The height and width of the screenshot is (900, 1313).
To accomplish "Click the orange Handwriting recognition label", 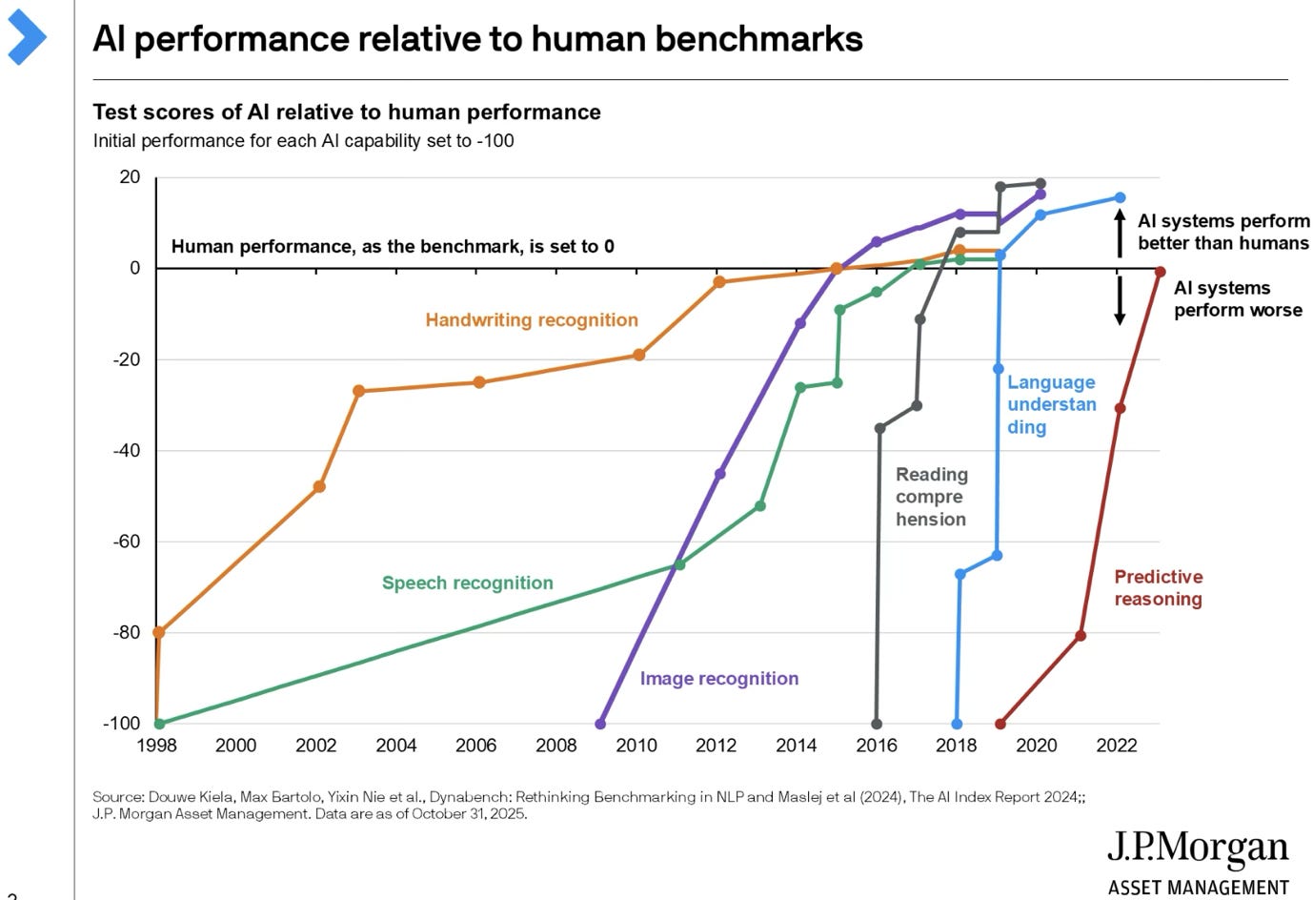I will tap(532, 320).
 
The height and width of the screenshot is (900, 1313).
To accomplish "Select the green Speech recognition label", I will tap(467, 583).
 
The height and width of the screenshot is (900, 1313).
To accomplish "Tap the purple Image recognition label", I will tap(718, 679).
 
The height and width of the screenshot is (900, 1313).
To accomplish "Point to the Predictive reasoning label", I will tap(1158, 588).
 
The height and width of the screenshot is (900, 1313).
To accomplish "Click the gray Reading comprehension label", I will tap(931, 497).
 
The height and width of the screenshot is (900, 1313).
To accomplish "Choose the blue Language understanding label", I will tap(1051, 404).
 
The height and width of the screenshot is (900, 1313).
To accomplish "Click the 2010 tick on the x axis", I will tap(636, 746).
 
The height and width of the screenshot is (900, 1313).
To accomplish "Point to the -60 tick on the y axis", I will tap(127, 542).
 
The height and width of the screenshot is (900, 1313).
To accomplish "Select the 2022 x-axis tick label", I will tap(1116, 746).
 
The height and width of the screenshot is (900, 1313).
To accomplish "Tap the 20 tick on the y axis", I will tap(130, 177).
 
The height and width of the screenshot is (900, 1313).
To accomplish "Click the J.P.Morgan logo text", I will tap(1197, 848).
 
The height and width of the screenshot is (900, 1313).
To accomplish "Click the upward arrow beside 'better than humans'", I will tap(1120, 234).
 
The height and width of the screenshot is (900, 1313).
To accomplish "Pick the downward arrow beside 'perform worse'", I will tap(1120, 300).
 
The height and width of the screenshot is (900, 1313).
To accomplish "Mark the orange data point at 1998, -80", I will tap(159, 632).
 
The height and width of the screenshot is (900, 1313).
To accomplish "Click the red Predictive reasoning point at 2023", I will tap(1160, 273).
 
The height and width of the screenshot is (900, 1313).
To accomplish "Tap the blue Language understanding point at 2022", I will tap(1120, 198).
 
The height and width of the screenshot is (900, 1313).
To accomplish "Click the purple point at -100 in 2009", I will tap(599, 724).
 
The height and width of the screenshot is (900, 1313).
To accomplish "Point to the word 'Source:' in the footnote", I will tap(118, 797).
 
